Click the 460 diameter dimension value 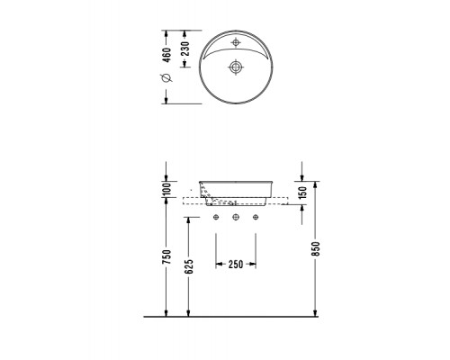pyautogui.click(x=165, y=50)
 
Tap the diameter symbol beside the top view pyautogui.click(x=165, y=78)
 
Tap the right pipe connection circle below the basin pyautogui.click(x=255, y=217)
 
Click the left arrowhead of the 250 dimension pyautogui.click(x=217, y=264)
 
